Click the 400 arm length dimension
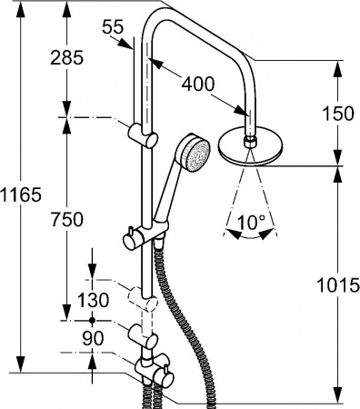pos(197,85)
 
